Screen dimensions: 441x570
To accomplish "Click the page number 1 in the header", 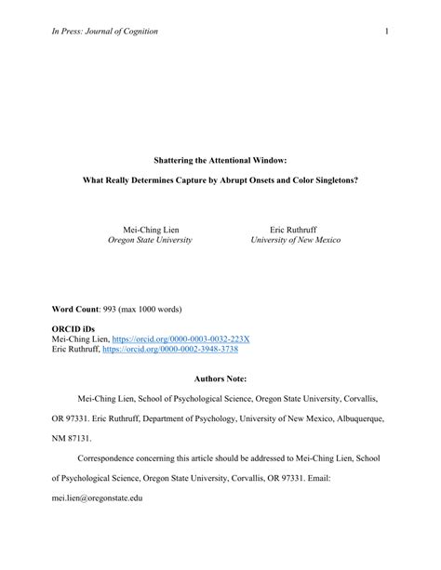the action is click(384, 32).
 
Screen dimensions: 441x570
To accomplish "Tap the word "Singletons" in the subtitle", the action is click(334, 179).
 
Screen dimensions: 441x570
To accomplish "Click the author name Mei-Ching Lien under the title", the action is click(151, 228).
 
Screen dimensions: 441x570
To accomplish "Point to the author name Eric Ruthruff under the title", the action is click(296, 228).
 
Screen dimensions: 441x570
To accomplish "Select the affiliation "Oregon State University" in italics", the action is click(151, 240).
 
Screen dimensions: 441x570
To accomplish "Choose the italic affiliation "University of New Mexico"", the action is click(296, 240).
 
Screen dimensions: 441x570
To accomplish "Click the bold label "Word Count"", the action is click(75, 309).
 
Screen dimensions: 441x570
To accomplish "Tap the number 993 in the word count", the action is click(115, 309).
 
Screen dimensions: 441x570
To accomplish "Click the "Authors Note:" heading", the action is click(220, 379).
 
